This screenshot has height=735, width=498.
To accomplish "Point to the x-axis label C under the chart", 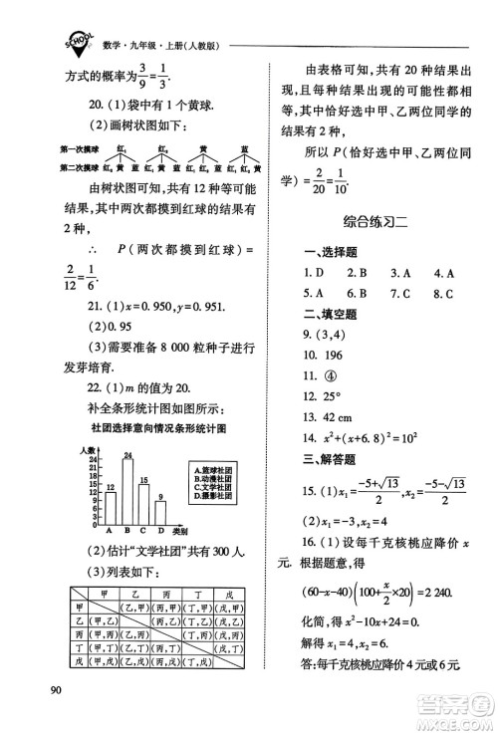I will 145,532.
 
